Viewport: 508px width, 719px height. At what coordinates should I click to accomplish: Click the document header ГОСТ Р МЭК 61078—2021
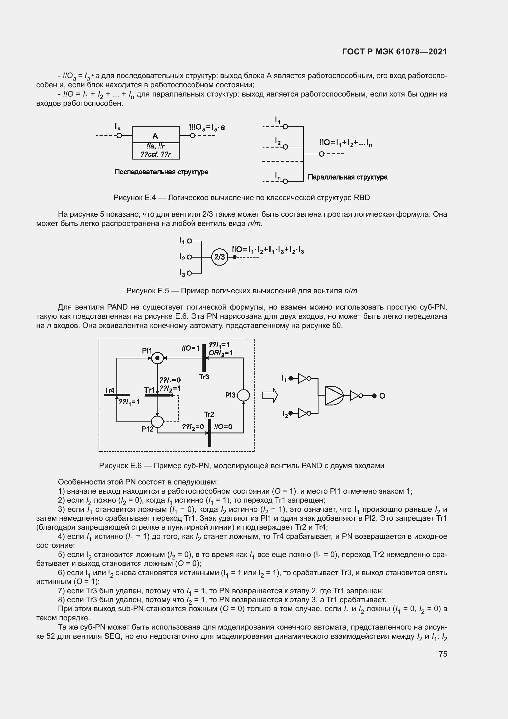tap(394, 52)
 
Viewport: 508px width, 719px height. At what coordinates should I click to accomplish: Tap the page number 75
tap(443, 654)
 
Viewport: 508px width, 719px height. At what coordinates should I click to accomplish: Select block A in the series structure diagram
tap(156, 135)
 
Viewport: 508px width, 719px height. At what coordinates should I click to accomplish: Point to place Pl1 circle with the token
tap(158, 358)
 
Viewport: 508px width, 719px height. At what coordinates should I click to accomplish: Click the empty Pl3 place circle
tap(243, 396)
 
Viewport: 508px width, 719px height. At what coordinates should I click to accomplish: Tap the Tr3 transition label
tap(204, 377)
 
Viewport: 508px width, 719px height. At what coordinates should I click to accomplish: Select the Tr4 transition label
tap(109, 390)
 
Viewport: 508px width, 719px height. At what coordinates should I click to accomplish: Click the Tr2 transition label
tap(209, 415)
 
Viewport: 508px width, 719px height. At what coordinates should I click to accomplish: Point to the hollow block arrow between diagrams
tap(270, 396)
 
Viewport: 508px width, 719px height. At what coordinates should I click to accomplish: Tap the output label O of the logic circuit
tap(382, 396)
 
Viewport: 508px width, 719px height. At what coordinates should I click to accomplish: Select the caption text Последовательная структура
tap(162, 172)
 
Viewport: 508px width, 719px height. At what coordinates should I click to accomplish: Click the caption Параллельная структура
tap(348, 177)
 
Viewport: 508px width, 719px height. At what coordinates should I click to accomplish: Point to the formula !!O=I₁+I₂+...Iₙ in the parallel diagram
tap(345, 143)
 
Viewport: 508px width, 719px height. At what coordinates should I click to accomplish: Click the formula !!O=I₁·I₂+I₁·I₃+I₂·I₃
tap(268, 250)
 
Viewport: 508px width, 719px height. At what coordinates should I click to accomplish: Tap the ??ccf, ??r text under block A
tap(156, 154)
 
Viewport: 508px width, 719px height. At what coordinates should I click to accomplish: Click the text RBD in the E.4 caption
tap(361, 198)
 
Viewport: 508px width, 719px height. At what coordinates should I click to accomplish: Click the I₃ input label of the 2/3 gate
tap(182, 273)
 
